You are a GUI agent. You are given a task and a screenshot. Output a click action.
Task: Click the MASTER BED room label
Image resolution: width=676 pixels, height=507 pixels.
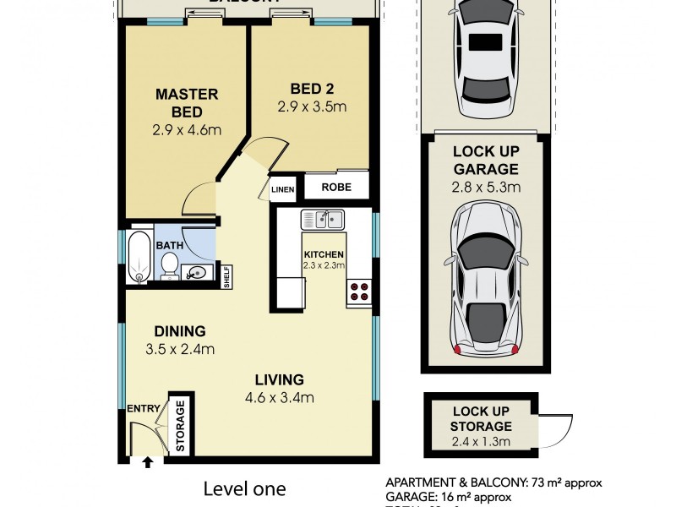[x=186, y=102]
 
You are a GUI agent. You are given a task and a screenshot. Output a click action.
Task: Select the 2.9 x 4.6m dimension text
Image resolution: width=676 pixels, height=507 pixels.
[x=186, y=131]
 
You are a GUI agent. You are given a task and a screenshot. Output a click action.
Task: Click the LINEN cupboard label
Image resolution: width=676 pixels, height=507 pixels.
[x=282, y=189]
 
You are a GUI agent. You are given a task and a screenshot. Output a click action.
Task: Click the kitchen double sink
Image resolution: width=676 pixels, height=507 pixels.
[x=322, y=219]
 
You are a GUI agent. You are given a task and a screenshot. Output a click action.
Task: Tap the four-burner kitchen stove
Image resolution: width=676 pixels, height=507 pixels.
[x=357, y=292]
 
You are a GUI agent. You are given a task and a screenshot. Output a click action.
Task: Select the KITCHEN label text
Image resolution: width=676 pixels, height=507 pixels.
[x=324, y=253]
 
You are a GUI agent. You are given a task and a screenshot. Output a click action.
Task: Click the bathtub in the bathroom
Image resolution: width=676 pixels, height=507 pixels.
[x=140, y=257]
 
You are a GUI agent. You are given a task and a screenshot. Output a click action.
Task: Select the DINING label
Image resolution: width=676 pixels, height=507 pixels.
[x=179, y=331]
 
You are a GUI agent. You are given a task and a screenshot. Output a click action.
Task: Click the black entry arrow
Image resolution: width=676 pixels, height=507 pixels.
[x=149, y=462]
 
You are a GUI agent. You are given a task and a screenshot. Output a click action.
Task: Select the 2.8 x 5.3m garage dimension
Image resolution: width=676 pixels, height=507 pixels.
[x=486, y=187]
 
